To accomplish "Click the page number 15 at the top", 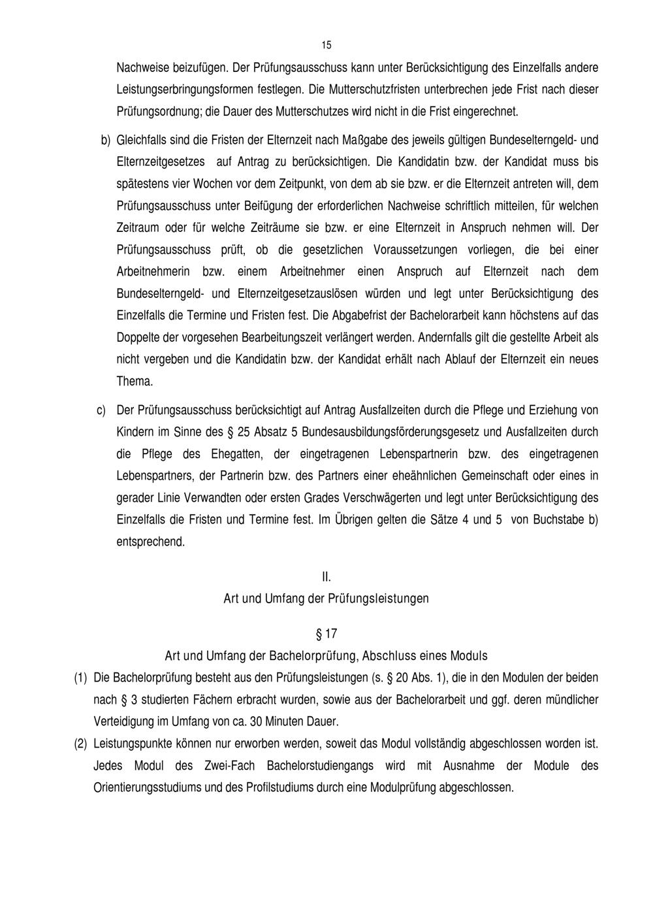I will click(326, 45).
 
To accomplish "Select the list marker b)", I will click(104, 140).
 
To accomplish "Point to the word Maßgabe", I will click(361, 140).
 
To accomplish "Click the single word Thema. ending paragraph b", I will click(135, 381).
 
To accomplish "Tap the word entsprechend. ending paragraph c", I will click(150, 542).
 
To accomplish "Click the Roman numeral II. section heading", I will click(326, 577).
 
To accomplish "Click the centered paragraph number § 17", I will click(326, 634).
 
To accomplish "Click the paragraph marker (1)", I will click(80, 678).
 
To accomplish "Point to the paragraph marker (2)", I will click(80, 744).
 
